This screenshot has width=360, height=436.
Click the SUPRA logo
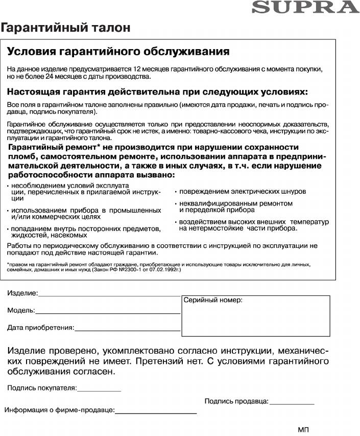(x=305, y=7)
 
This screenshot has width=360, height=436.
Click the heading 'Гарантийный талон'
(x=66, y=27)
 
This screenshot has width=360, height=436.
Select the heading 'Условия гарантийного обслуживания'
(x=118, y=52)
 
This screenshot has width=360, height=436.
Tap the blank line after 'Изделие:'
(x=109, y=295)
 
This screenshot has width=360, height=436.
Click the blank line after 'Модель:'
(x=108, y=312)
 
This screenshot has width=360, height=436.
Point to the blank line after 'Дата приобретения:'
(x=127, y=330)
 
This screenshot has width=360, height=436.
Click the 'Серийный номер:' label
(x=213, y=301)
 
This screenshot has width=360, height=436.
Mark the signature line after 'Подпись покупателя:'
(x=99, y=390)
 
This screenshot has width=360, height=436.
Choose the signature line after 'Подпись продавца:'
(x=292, y=404)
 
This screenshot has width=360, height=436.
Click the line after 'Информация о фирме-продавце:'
(x=156, y=412)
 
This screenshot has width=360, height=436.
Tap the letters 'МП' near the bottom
(x=303, y=429)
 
